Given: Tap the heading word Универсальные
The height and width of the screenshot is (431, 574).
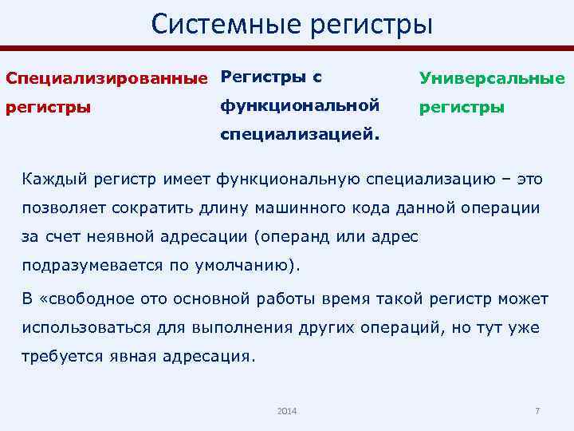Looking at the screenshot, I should (x=492, y=78).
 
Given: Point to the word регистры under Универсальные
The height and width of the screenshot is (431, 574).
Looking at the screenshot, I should (x=462, y=106).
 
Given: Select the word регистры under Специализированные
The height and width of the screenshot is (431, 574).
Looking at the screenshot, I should (x=48, y=106).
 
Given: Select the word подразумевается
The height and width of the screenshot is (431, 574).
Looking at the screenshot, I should (x=85, y=267).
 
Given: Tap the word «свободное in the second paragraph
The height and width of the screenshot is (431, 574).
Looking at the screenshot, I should (x=91, y=299).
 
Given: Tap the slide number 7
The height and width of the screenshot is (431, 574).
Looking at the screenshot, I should (x=537, y=410).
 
